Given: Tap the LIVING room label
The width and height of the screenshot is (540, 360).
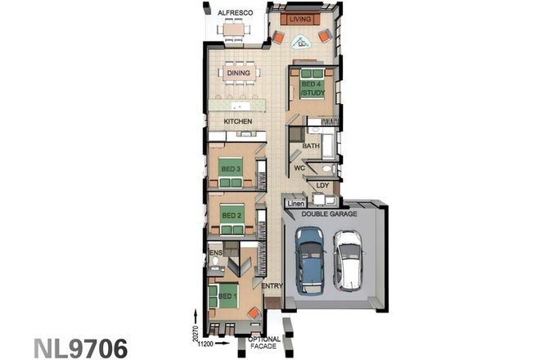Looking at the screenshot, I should coord(301,18).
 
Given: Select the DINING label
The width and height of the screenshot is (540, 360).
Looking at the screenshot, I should coord(238,73).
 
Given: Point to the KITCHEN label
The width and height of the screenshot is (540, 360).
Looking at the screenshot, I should coord(237,122).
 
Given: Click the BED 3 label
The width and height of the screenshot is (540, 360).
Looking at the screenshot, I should coord(230,169).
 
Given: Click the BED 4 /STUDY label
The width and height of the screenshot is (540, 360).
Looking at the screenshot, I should coord(311,88).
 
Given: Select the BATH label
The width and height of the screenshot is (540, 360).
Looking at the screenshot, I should coord(311,146).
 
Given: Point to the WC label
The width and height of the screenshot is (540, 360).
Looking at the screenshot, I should coord(300,169).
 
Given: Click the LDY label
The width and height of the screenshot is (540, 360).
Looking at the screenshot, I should coord(322,186).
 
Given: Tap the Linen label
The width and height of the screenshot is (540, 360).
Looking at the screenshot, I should coord(295,203).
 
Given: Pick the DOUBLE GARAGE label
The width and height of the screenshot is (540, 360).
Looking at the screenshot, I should coord(328,214).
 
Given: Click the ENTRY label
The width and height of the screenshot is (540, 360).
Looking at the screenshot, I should coord(272,286).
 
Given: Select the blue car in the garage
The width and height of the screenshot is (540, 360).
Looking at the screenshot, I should coord(309,259).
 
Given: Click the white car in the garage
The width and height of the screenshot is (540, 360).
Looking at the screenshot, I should coord(348,259).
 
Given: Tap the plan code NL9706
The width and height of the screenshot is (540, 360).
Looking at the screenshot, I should coord(81,347).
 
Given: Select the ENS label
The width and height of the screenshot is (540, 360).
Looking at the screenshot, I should coord(217,254).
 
